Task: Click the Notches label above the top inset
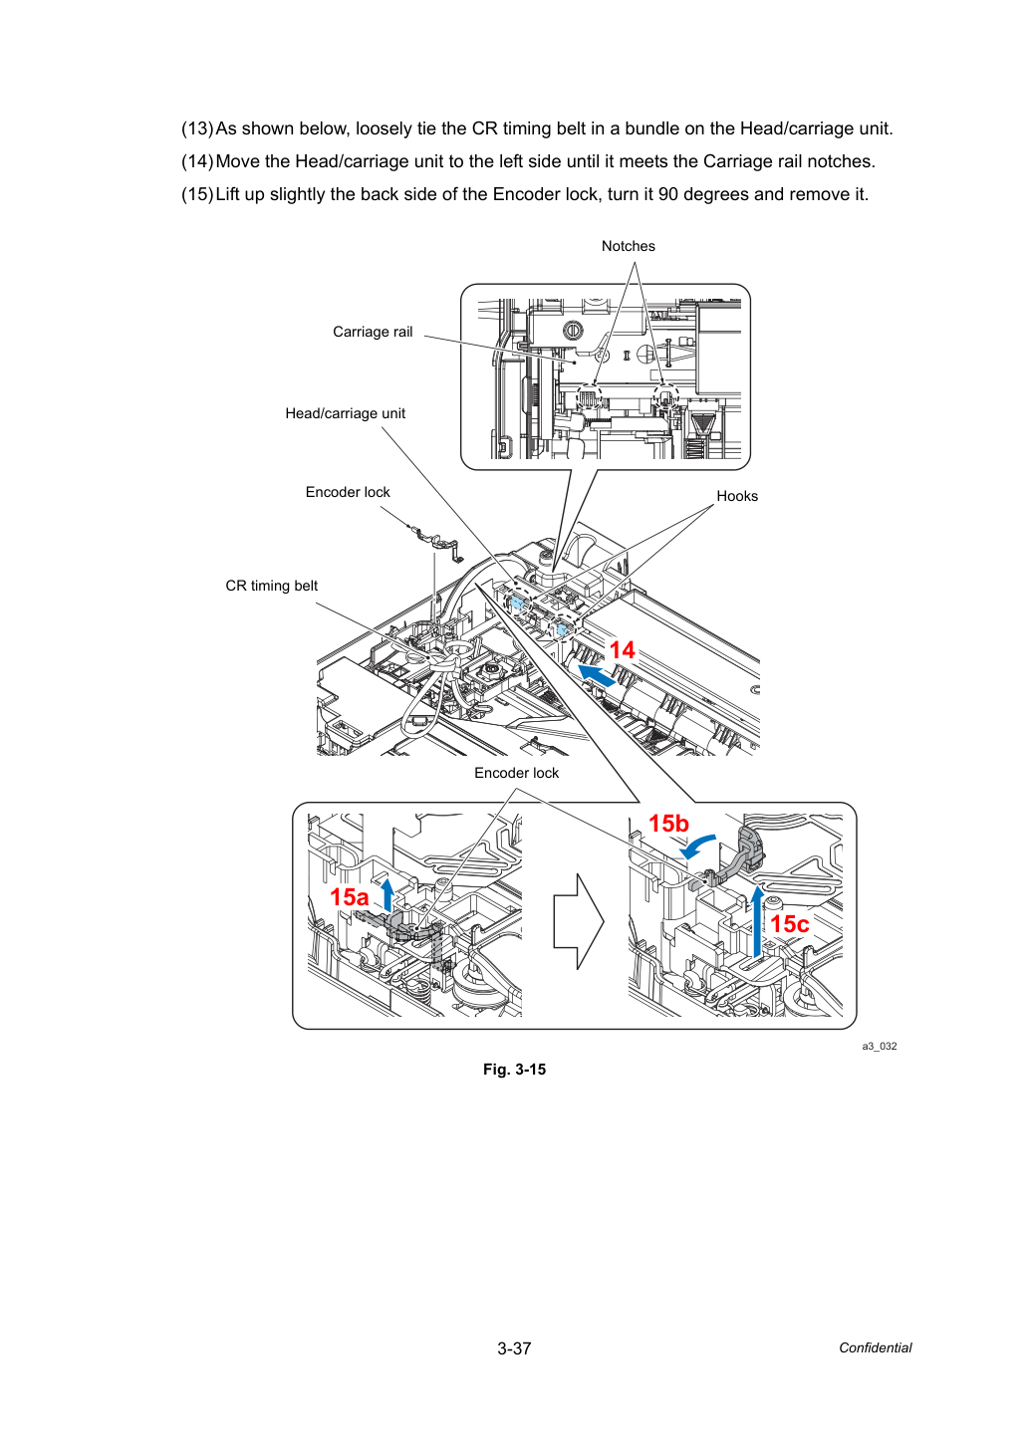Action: (628, 246)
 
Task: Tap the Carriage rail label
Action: (373, 333)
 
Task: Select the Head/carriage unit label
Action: (346, 413)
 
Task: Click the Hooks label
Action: (737, 496)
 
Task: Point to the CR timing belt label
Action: (272, 586)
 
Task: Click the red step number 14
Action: (622, 650)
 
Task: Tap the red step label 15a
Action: (349, 897)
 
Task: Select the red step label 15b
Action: (668, 824)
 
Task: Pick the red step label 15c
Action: (790, 923)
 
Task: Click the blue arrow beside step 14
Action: (596, 675)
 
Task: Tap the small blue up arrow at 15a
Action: (387, 894)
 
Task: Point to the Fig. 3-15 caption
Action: (514, 1070)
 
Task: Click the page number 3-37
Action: (514, 1348)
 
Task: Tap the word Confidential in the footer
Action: (875, 1347)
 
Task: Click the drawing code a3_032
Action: (880, 1046)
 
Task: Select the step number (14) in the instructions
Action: (197, 161)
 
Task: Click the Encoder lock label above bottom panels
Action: (516, 773)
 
